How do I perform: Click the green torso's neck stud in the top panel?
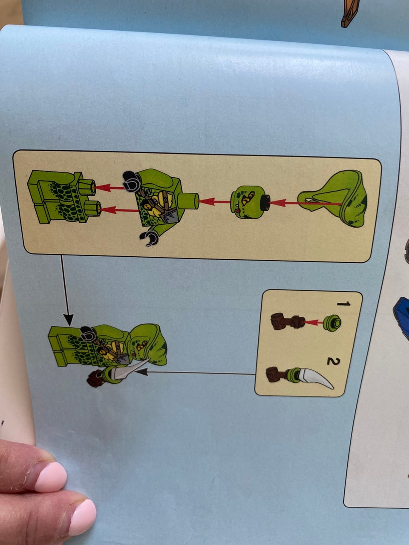188,201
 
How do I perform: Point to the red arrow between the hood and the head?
306,203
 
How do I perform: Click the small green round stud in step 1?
332,323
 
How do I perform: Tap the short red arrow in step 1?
314,323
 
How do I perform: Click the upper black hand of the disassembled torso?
131,181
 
